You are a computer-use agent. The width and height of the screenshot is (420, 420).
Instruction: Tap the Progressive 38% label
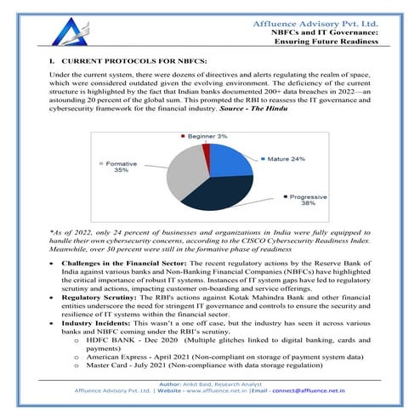[x=302, y=200]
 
